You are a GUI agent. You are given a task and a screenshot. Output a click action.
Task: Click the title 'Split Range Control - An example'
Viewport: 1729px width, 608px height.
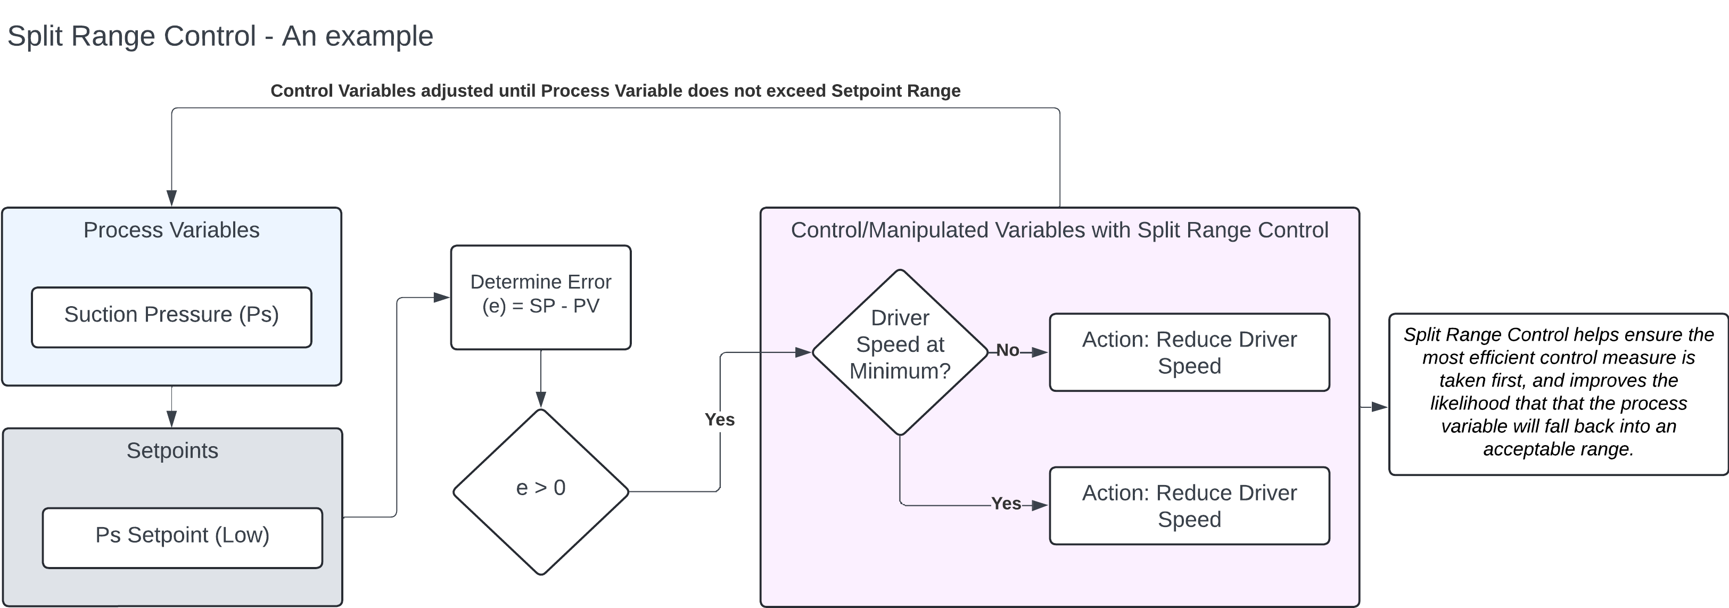[220, 36]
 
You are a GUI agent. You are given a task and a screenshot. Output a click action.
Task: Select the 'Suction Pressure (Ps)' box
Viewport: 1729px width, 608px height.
[171, 317]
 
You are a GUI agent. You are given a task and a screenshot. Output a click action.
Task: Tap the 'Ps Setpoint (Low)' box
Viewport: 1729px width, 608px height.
[182, 538]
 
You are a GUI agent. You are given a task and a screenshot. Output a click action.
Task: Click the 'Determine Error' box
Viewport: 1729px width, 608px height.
[540, 297]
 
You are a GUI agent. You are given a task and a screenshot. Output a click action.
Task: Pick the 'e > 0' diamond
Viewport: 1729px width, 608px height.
[540, 490]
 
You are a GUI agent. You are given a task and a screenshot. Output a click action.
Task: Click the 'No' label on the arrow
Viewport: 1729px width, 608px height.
[1008, 350]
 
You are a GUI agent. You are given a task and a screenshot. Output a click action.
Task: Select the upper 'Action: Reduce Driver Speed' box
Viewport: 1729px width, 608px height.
[1189, 352]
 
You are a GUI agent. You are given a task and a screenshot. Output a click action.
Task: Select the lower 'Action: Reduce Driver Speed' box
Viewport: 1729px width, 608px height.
[1189, 505]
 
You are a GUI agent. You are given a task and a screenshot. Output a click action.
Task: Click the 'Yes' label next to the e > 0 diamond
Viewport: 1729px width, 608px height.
[720, 420]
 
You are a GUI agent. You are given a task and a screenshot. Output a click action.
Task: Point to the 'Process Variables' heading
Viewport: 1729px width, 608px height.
[171, 230]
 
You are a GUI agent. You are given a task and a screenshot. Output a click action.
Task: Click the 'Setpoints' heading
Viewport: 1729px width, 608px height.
[172, 450]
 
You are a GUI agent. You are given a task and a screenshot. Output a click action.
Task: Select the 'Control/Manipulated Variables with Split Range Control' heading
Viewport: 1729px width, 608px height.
[1059, 230]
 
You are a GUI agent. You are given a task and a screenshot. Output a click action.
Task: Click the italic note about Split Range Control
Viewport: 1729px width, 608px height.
[1558, 392]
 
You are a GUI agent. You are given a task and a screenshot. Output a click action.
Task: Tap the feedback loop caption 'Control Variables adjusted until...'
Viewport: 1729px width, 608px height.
[615, 91]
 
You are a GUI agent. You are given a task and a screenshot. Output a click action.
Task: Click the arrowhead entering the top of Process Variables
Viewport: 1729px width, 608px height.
[171, 198]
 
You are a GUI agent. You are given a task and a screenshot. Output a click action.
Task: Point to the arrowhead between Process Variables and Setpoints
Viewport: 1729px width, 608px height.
[171, 419]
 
